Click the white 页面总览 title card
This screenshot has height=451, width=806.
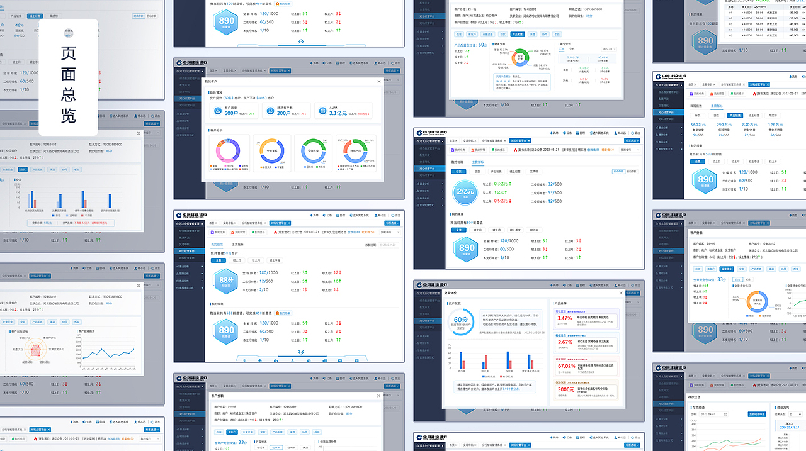coord(68,77)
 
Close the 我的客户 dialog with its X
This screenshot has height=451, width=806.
coord(378,81)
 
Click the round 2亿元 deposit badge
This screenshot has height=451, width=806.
coord(466,192)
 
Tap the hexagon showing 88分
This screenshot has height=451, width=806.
coord(225,281)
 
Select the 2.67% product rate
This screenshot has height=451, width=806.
coord(565,342)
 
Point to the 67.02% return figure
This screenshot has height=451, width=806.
coord(566,366)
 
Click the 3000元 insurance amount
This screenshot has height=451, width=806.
coord(565,389)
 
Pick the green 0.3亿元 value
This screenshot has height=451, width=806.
coord(501,184)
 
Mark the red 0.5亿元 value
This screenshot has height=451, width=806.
coord(501,201)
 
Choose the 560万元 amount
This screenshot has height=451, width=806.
coord(698,125)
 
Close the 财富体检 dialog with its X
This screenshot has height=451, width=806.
coord(620,293)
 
